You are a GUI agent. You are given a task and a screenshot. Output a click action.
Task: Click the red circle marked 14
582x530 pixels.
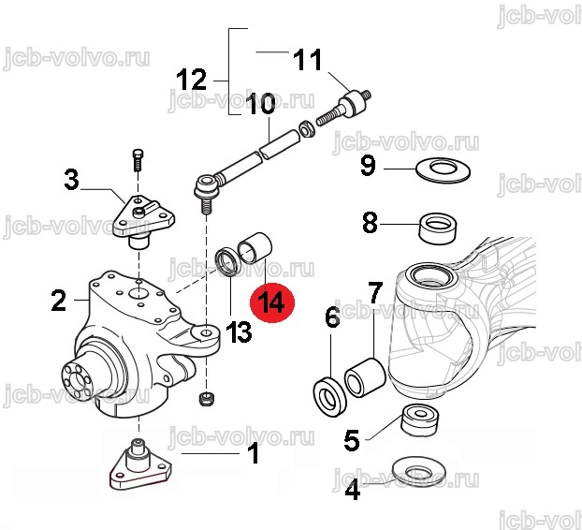[x=272, y=301]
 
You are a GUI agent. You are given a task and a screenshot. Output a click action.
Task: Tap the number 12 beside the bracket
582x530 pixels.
[x=191, y=80]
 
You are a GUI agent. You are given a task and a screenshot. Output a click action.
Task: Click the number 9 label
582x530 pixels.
[x=369, y=165]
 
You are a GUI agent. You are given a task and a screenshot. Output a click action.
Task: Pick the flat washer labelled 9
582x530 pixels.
[x=443, y=170]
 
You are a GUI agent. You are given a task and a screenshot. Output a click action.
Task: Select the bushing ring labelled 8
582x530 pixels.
[x=438, y=228]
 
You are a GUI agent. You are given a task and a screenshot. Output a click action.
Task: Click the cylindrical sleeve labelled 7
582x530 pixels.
[x=366, y=377]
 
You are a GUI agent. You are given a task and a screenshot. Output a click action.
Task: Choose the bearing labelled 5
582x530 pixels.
[x=421, y=420]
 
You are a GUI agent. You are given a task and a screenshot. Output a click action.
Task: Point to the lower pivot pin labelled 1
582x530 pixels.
[x=140, y=464]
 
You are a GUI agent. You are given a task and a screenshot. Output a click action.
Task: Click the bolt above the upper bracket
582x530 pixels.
[x=138, y=160]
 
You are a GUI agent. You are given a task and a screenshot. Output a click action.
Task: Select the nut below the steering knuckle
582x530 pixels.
[x=206, y=398]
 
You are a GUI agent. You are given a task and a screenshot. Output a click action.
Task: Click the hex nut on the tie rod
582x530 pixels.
[x=307, y=128]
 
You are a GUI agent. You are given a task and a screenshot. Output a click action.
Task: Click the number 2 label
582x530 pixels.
[x=59, y=300]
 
